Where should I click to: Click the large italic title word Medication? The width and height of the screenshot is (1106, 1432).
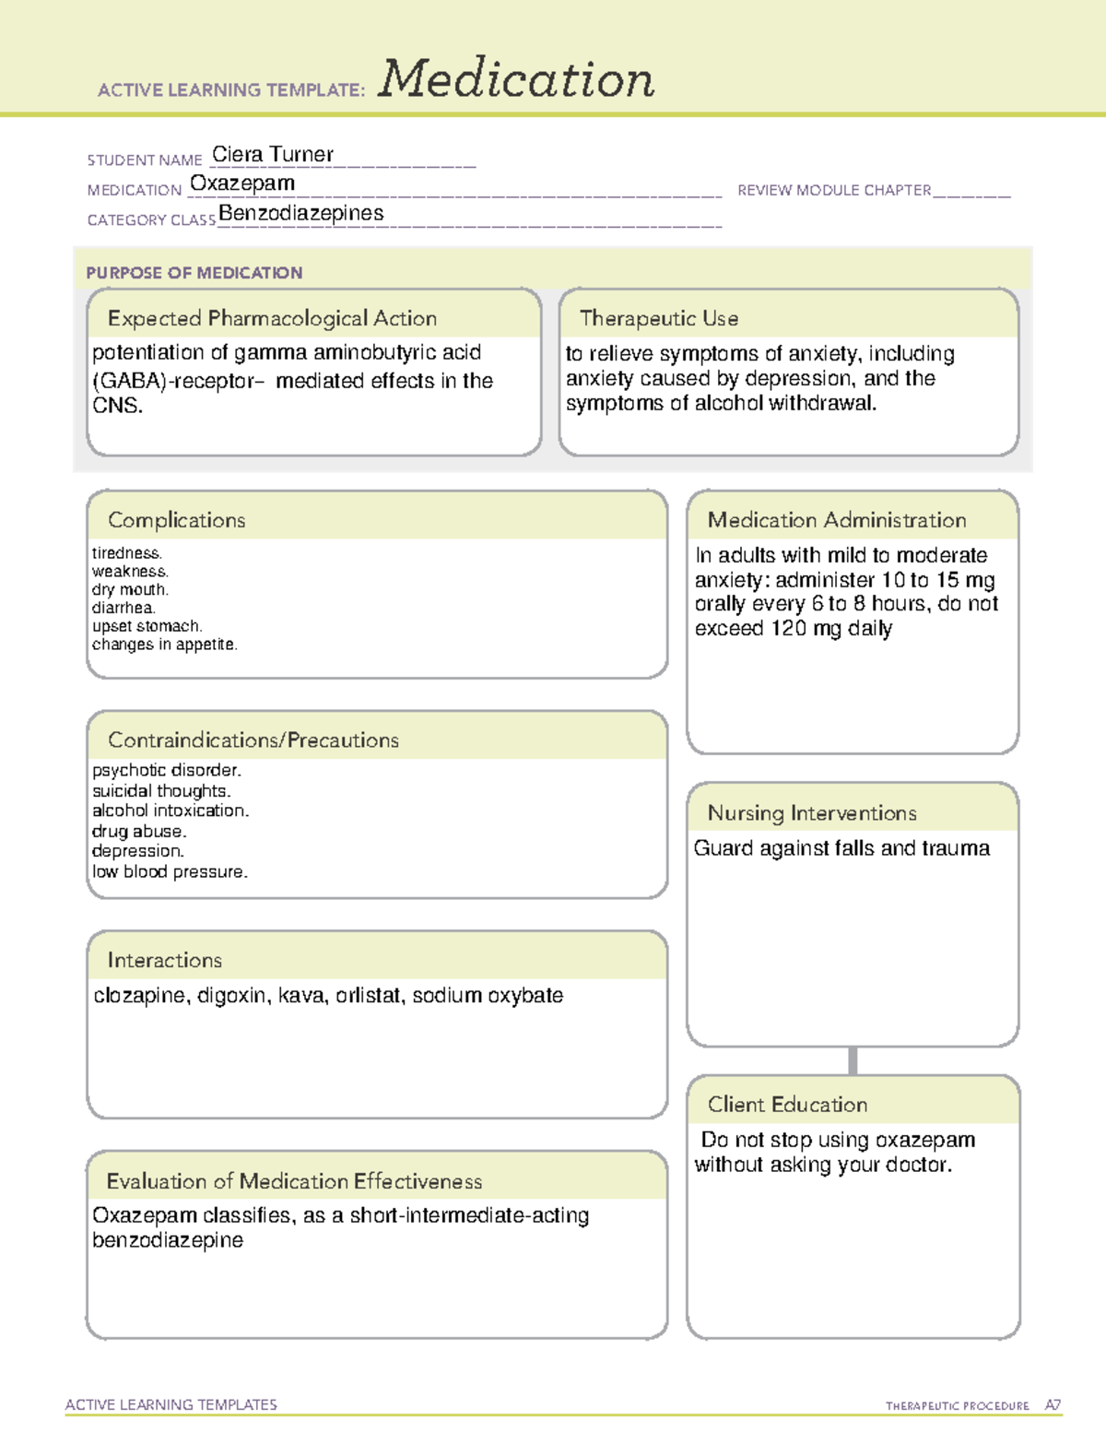click(516, 79)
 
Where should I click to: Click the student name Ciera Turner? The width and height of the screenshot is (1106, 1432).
click(273, 155)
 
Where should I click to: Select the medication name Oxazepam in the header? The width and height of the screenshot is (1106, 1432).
click(242, 183)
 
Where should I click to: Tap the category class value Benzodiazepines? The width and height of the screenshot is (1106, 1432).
click(301, 213)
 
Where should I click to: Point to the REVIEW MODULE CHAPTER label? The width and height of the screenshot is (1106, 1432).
click(834, 190)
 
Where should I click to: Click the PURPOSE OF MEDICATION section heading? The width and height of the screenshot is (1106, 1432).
click(194, 273)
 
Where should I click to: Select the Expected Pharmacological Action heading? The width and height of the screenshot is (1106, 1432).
click(272, 318)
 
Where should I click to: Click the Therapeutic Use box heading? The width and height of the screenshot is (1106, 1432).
click(658, 318)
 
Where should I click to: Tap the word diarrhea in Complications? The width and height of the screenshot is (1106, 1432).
click(124, 608)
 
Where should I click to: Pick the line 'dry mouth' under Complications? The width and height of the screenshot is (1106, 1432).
click(130, 589)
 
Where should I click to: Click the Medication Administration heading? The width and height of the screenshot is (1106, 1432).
click(836, 520)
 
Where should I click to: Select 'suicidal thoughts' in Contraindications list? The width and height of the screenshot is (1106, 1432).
click(161, 790)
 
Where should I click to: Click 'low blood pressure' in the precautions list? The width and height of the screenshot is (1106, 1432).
click(170, 871)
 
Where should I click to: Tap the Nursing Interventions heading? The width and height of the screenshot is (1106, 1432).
click(812, 813)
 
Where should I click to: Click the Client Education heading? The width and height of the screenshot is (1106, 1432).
click(787, 1105)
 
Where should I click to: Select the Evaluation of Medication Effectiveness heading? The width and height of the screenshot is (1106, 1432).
click(294, 1181)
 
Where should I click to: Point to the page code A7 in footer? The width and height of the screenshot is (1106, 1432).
click(1053, 1405)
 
